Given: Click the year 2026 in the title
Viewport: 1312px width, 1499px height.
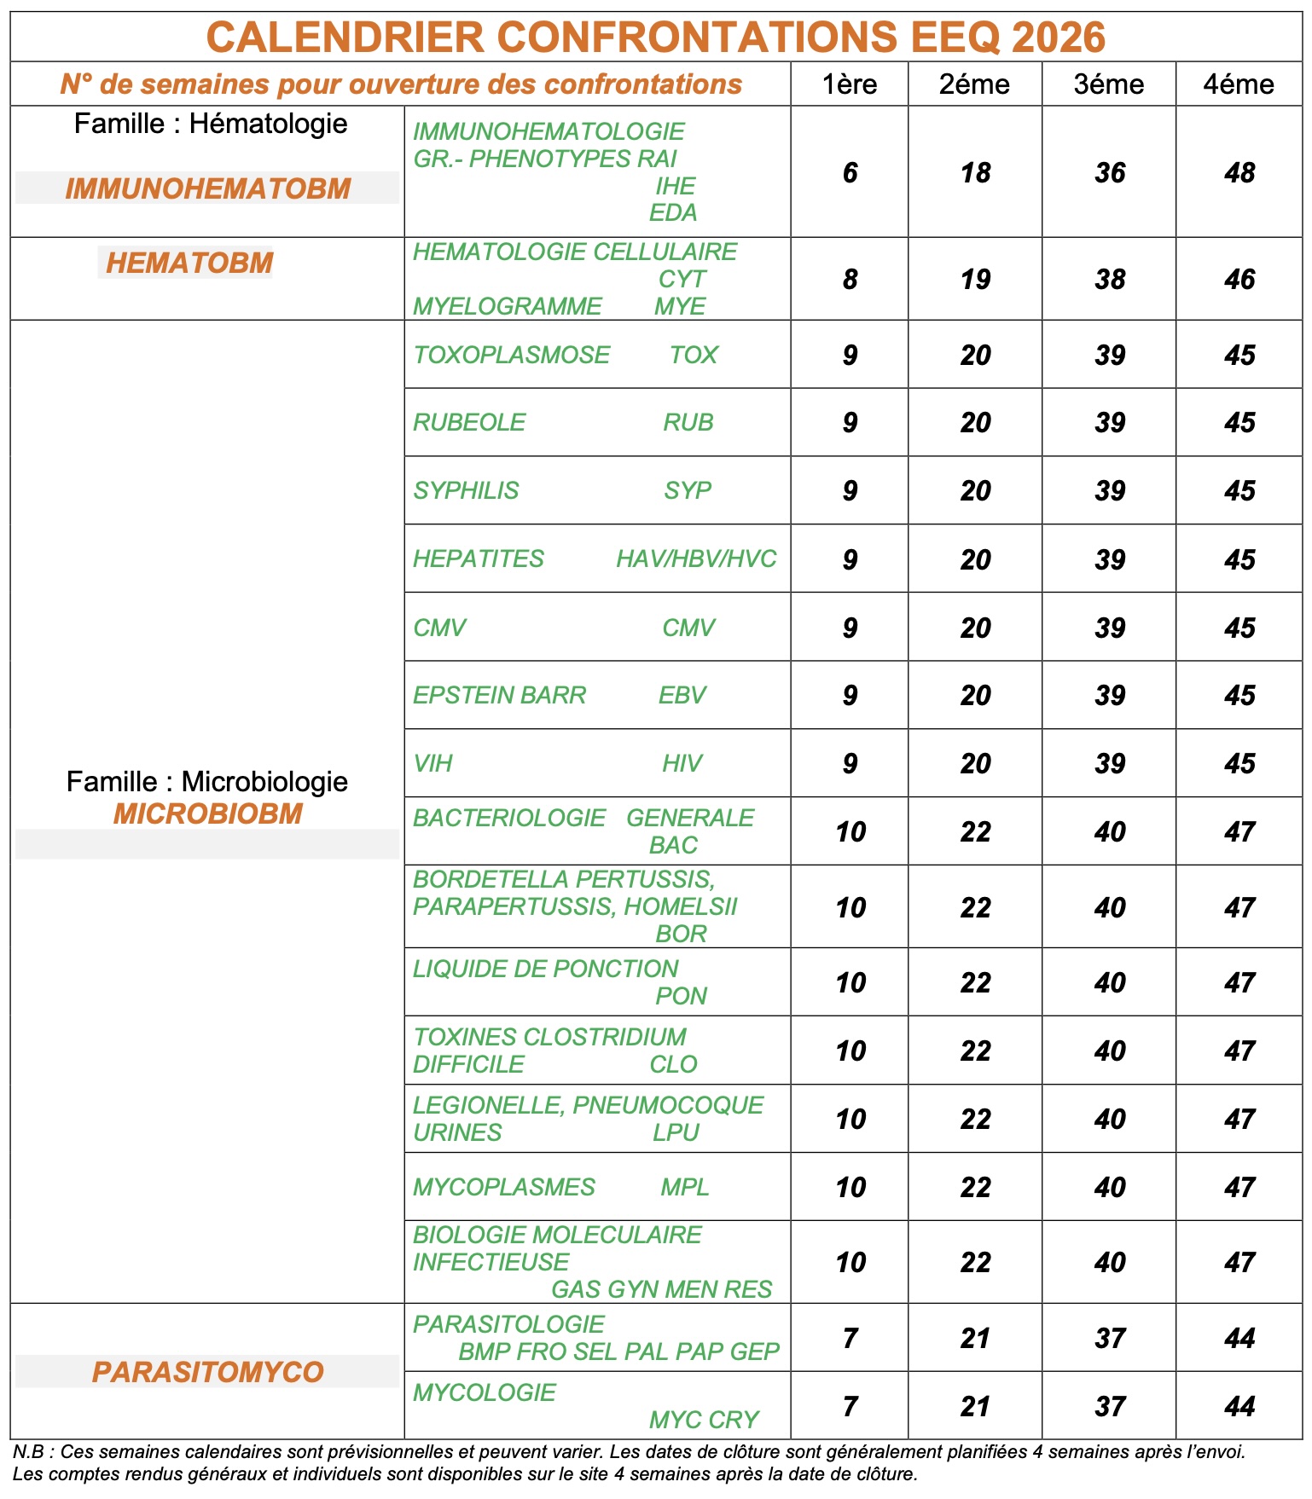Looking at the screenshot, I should click(x=1058, y=38).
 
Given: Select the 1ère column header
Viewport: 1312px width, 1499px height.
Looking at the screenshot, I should click(x=849, y=84).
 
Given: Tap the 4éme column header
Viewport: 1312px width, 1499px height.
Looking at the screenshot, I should click(x=1239, y=84).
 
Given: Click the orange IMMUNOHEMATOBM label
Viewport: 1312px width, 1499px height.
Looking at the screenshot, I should click(x=207, y=188).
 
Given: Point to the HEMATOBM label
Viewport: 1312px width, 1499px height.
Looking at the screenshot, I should click(x=189, y=263).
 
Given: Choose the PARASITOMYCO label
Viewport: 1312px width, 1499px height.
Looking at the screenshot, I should click(x=207, y=1372).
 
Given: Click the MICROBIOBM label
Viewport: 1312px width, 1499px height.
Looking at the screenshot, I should click(x=207, y=813).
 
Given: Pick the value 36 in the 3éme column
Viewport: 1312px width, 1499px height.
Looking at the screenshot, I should click(x=1110, y=173).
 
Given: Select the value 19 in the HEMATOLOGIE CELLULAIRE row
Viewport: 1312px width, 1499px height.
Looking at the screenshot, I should click(x=975, y=280).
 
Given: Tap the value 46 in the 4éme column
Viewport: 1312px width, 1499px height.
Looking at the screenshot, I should click(x=1239, y=280).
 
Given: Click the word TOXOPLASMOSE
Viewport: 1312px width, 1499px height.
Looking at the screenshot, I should click(x=511, y=355).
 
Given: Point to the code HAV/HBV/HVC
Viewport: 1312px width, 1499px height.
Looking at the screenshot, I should click(x=696, y=559).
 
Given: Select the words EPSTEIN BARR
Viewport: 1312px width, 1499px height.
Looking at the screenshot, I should click(x=499, y=695).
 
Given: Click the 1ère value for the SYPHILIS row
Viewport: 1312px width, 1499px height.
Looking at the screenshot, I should click(x=850, y=491).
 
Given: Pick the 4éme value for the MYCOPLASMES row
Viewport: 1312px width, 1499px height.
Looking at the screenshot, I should click(x=1239, y=1187).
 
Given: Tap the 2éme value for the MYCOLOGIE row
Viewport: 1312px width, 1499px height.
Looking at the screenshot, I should click(x=975, y=1406).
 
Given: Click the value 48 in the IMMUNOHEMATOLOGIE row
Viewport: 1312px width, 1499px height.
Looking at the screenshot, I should click(x=1239, y=173).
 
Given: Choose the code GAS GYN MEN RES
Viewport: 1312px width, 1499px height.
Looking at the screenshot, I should click(x=661, y=1289).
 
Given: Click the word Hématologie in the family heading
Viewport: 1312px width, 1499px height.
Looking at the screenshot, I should click(x=268, y=124).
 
